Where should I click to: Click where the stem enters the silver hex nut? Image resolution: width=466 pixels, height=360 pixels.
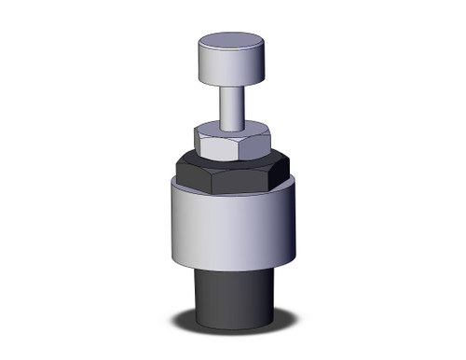(x=232, y=129)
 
